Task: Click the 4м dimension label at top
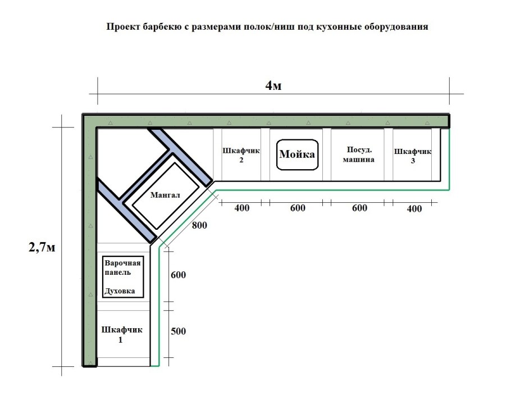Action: (273, 85)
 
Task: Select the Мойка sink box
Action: (298, 154)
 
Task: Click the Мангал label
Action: (165, 196)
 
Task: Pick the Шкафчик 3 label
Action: (413, 155)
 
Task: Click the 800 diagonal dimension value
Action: (199, 226)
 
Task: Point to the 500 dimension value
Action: (178, 331)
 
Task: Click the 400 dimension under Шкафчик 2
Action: (241, 208)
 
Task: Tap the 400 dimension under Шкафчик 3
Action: (414, 208)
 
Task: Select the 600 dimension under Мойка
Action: (298, 208)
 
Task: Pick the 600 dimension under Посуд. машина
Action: (359, 208)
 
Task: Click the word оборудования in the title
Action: (396, 26)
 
